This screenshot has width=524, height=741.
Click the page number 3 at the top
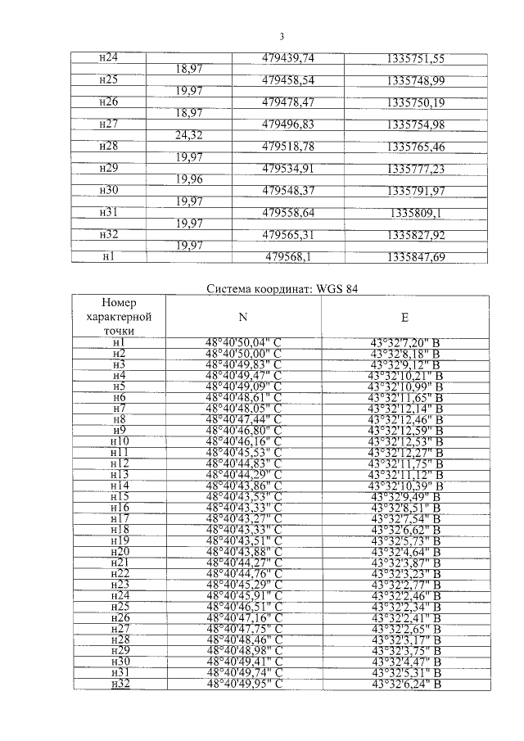click(x=281, y=35)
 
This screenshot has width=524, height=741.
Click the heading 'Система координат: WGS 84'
click(x=282, y=288)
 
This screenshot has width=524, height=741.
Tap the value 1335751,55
click(x=416, y=58)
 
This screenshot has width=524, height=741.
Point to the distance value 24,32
click(x=191, y=136)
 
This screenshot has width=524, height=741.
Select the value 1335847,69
click(x=416, y=256)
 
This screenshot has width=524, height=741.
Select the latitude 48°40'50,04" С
click(x=243, y=342)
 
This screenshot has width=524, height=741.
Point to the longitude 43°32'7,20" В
click(x=405, y=342)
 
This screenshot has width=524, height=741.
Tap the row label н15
click(x=119, y=495)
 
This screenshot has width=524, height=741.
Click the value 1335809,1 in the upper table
click(x=416, y=213)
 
